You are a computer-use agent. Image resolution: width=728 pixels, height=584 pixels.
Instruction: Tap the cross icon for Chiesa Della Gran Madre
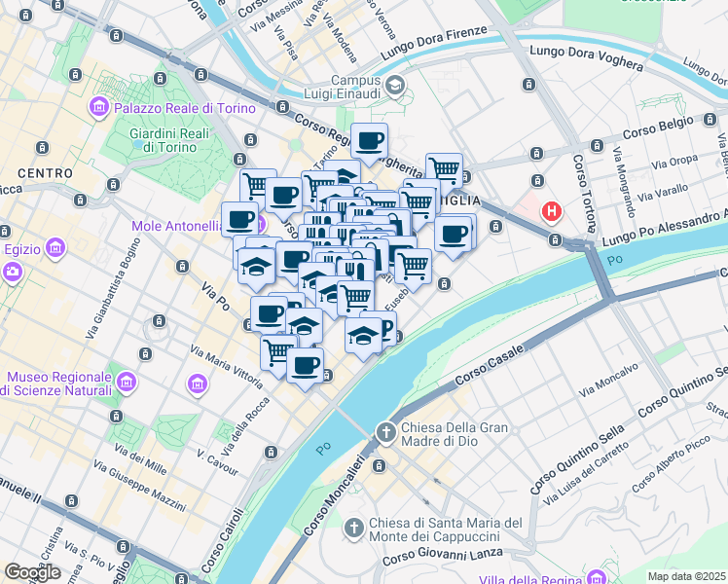pos(385,431)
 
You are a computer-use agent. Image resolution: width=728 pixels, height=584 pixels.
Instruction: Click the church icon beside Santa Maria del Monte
pos(354,529)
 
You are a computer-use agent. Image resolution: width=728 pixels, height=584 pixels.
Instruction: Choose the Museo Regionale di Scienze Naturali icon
pos(198,383)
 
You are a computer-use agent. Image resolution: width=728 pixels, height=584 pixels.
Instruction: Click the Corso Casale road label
pos(485,362)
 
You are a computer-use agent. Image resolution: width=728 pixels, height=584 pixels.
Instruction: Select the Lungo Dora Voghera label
pos(585,58)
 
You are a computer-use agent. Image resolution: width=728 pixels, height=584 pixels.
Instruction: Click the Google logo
pos(32,572)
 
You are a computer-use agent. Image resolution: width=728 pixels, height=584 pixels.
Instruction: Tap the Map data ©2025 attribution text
pos(687,576)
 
